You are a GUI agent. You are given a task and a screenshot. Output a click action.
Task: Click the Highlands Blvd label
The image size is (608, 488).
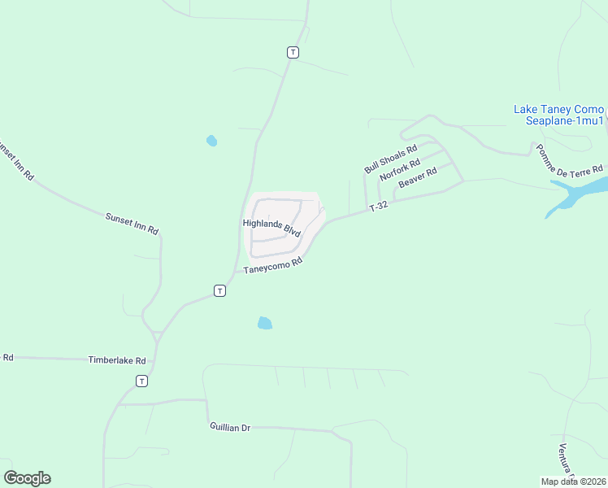(x=271, y=227)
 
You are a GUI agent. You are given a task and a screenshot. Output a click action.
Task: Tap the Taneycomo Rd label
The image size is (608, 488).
(x=273, y=265)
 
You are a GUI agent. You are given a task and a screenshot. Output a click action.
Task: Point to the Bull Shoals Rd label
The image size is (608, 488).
(x=390, y=159)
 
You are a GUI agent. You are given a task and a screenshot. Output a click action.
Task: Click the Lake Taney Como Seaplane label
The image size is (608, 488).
(x=558, y=115)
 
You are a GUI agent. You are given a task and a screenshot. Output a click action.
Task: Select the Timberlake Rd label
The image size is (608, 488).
(x=117, y=359)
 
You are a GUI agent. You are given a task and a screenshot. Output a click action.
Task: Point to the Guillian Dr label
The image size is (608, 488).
(x=229, y=427)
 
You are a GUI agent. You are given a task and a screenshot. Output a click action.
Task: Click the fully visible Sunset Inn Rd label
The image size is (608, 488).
(x=131, y=224)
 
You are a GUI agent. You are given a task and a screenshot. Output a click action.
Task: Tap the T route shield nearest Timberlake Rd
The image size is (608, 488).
(x=142, y=381)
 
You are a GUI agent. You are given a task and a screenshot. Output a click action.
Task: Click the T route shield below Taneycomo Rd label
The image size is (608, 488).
(x=219, y=290)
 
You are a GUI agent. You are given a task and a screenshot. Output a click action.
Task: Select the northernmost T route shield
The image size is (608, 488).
(x=293, y=52)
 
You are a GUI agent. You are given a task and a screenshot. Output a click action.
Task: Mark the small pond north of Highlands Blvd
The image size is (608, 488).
(x=211, y=141)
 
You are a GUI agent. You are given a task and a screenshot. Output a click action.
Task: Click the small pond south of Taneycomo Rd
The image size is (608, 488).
(x=264, y=323)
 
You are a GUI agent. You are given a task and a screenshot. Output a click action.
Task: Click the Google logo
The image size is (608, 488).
(x=27, y=478)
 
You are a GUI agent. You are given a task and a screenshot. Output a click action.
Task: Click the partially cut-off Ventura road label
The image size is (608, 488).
(x=567, y=462)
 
